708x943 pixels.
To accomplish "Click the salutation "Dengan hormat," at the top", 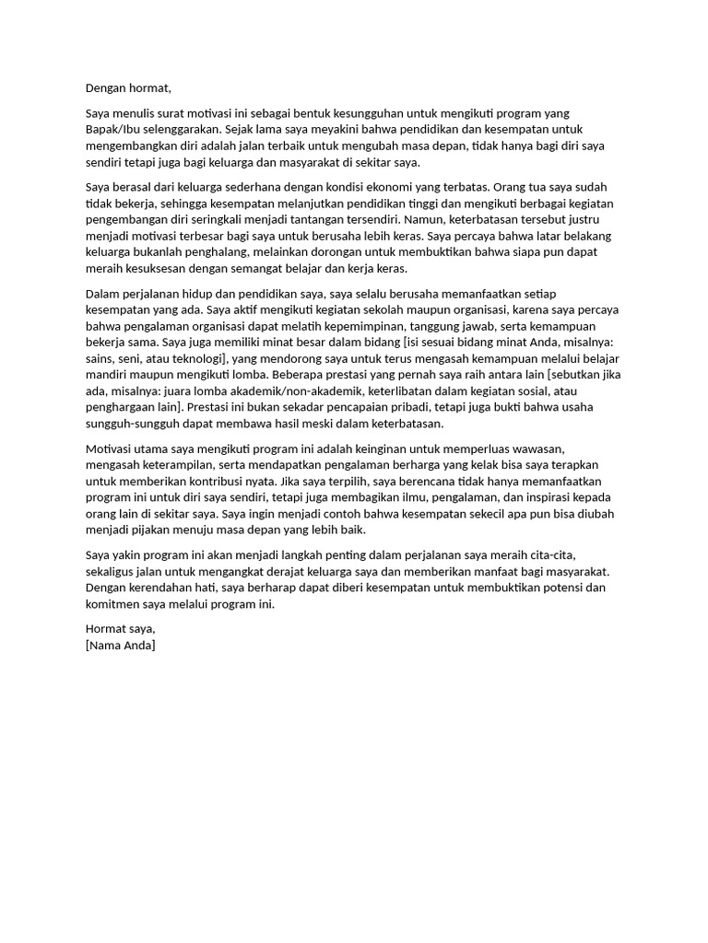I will pyautogui.click(x=128, y=88).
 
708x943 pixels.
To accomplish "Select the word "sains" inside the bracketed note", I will pyautogui.click(x=102, y=359).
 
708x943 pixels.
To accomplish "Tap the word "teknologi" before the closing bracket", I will pyautogui.click(x=191, y=359).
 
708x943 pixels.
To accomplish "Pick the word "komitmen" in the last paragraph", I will pyautogui.click(x=115, y=606).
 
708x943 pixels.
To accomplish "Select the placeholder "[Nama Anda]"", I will pyautogui.click(x=121, y=646).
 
